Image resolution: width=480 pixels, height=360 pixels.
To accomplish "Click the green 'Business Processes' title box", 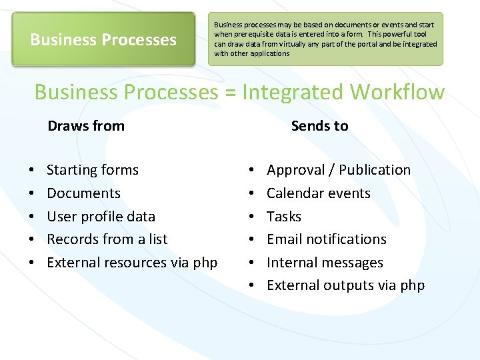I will [x=103, y=39].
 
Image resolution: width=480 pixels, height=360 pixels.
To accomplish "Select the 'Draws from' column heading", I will [x=86, y=125].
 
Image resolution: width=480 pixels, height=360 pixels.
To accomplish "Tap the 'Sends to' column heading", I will [x=319, y=125].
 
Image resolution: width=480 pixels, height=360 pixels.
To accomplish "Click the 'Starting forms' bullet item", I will [x=93, y=170].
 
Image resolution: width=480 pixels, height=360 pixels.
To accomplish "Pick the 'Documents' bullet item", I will [x=83, y=193].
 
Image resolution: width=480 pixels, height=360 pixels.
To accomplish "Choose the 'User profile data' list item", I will [x=101, y=217].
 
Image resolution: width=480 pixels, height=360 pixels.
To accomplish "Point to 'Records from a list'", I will [x=107, y=239].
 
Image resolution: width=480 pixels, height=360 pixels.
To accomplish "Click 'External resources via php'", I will [x=132, y=263].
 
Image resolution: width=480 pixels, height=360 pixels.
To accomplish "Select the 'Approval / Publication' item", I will [x=339, y=170].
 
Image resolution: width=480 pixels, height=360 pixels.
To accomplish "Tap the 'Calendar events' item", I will [x=319, y=193].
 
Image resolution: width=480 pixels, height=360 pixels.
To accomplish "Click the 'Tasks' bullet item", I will [x=284, y=217].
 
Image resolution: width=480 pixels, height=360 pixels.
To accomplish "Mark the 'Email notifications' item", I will [x=327, y=239].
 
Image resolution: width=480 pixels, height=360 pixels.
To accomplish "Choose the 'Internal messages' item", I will [x=325, y=263].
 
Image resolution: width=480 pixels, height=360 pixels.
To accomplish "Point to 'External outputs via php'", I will [x=345, y=285].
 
